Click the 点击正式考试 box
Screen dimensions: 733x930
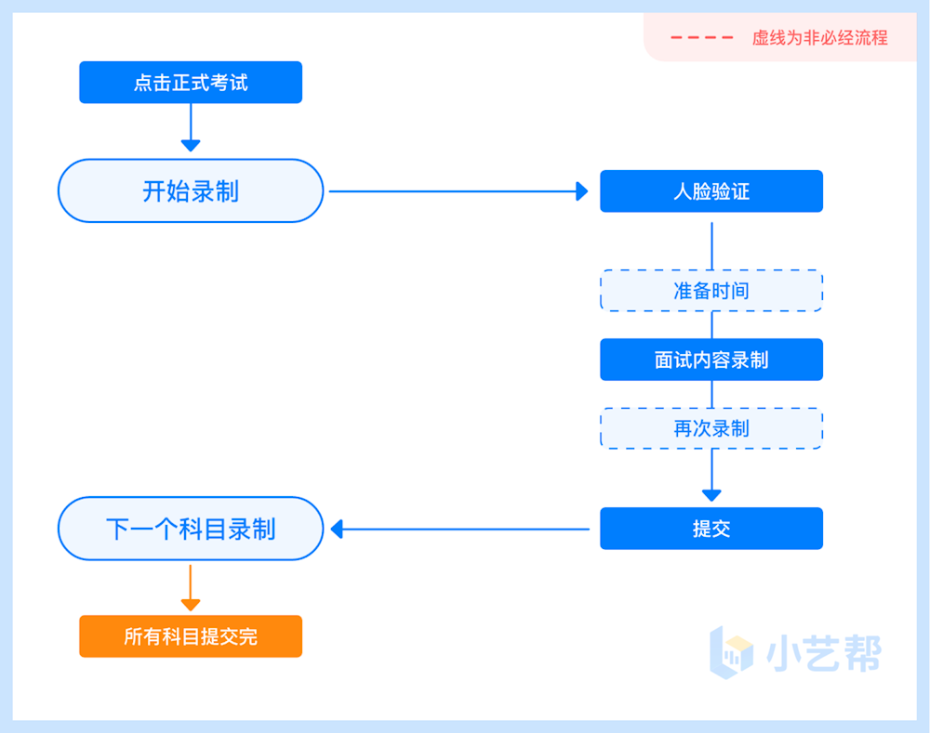click(191, 83)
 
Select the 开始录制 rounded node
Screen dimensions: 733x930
click(191, 191)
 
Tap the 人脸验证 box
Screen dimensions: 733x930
click(711, 191)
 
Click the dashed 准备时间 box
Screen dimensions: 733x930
click(711, 291)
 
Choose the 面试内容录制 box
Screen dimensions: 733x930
click(711, 360)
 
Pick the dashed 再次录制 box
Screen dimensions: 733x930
click(711, 428)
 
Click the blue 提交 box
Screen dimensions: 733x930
click(711, 529)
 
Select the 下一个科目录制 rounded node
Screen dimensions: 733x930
click(191, 529)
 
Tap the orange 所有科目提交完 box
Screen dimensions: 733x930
click(191, 636)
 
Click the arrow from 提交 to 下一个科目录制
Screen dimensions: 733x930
click(460, 529)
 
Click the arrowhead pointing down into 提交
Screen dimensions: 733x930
click(711, 494)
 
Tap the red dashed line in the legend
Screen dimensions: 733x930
click(701, 38)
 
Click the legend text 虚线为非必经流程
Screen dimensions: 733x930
click(819, 38)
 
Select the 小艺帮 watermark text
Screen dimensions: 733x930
click(823, 654)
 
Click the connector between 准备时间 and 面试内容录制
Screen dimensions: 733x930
click(711, 325)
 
